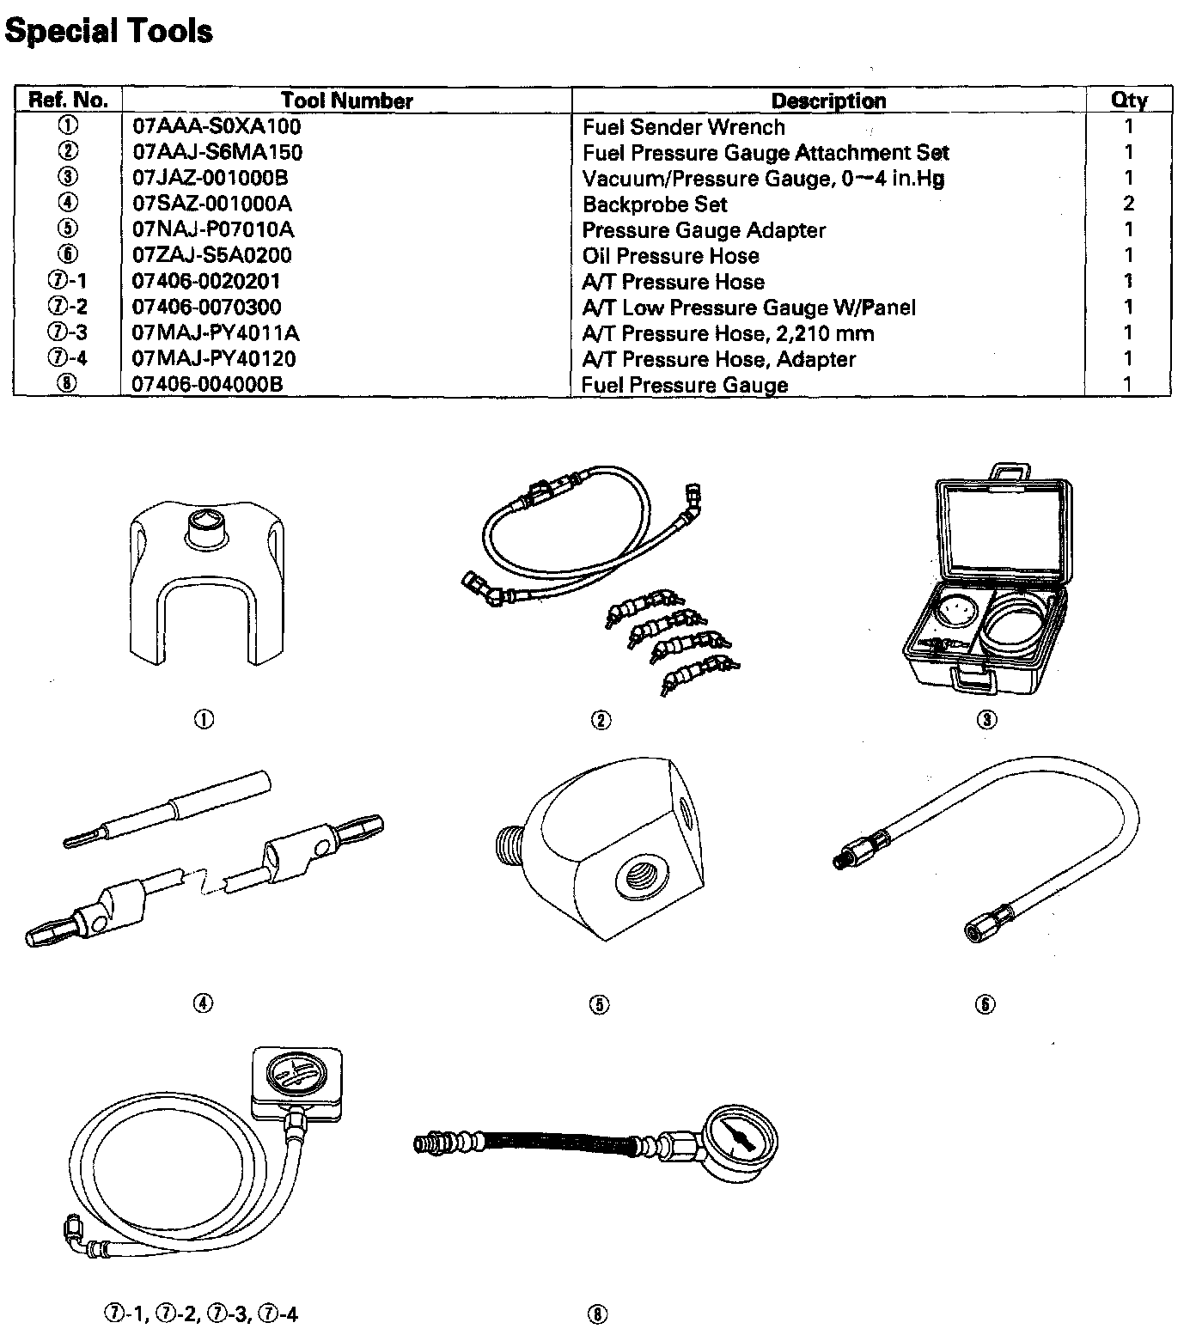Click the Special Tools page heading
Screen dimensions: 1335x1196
tap(108, 32)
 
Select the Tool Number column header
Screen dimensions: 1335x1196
tap(346, 101)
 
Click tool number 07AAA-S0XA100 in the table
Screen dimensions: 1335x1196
tap(217, 127)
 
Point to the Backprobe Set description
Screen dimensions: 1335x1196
tap(654, 204)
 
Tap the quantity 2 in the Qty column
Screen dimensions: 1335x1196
tap(1128, 204)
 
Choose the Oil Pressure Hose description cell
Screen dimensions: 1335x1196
tap(670, 256)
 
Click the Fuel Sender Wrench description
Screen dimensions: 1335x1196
tap(683, 127)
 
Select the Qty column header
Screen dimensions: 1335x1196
tap(1128, 101)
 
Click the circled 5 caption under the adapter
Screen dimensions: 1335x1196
tap(600, 1004)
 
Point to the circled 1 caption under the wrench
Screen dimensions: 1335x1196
tap(204, 720)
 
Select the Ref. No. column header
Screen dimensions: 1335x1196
tap(68, 101)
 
